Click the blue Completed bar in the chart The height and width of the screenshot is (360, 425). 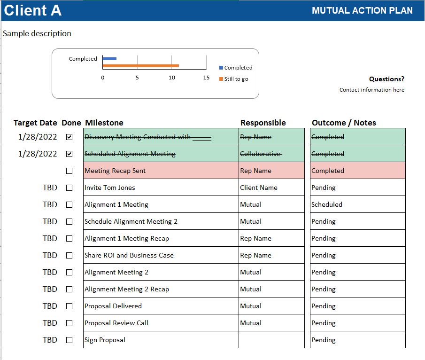click(x=110, y=59)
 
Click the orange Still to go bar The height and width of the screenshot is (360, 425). click(x=141, y=66)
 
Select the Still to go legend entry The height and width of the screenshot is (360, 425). click(x=234, y=79)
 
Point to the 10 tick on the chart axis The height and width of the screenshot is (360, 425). click(x=172, y=78)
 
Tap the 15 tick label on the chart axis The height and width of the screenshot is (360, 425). click(x=206, y=78)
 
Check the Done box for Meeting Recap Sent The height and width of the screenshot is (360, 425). click(x=70, y=171)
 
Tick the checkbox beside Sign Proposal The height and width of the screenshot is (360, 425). click(x=70, y=340)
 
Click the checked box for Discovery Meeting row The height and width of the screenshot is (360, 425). click(x=70, y=137)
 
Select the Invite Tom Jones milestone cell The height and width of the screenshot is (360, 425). click(x=161, y=188)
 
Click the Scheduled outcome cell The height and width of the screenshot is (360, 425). click(x=358, y=204)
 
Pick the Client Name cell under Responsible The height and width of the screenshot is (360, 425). click(x=271, y=188)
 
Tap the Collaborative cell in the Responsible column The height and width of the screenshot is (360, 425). click(x=271, y=154)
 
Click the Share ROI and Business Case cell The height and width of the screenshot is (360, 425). click(x=161, y=255)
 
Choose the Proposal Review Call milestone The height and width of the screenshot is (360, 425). click(x=161, y=323)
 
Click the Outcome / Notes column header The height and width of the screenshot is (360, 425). click(x=344, y=123)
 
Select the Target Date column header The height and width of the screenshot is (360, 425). click(x=35, y=123)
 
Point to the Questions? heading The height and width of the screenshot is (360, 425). click(x=386, y=79)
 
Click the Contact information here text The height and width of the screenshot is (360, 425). click(x=372, y=90)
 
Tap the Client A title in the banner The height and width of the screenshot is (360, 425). click(x=33, y=10)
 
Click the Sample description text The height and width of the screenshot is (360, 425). click(x=37, y=33)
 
